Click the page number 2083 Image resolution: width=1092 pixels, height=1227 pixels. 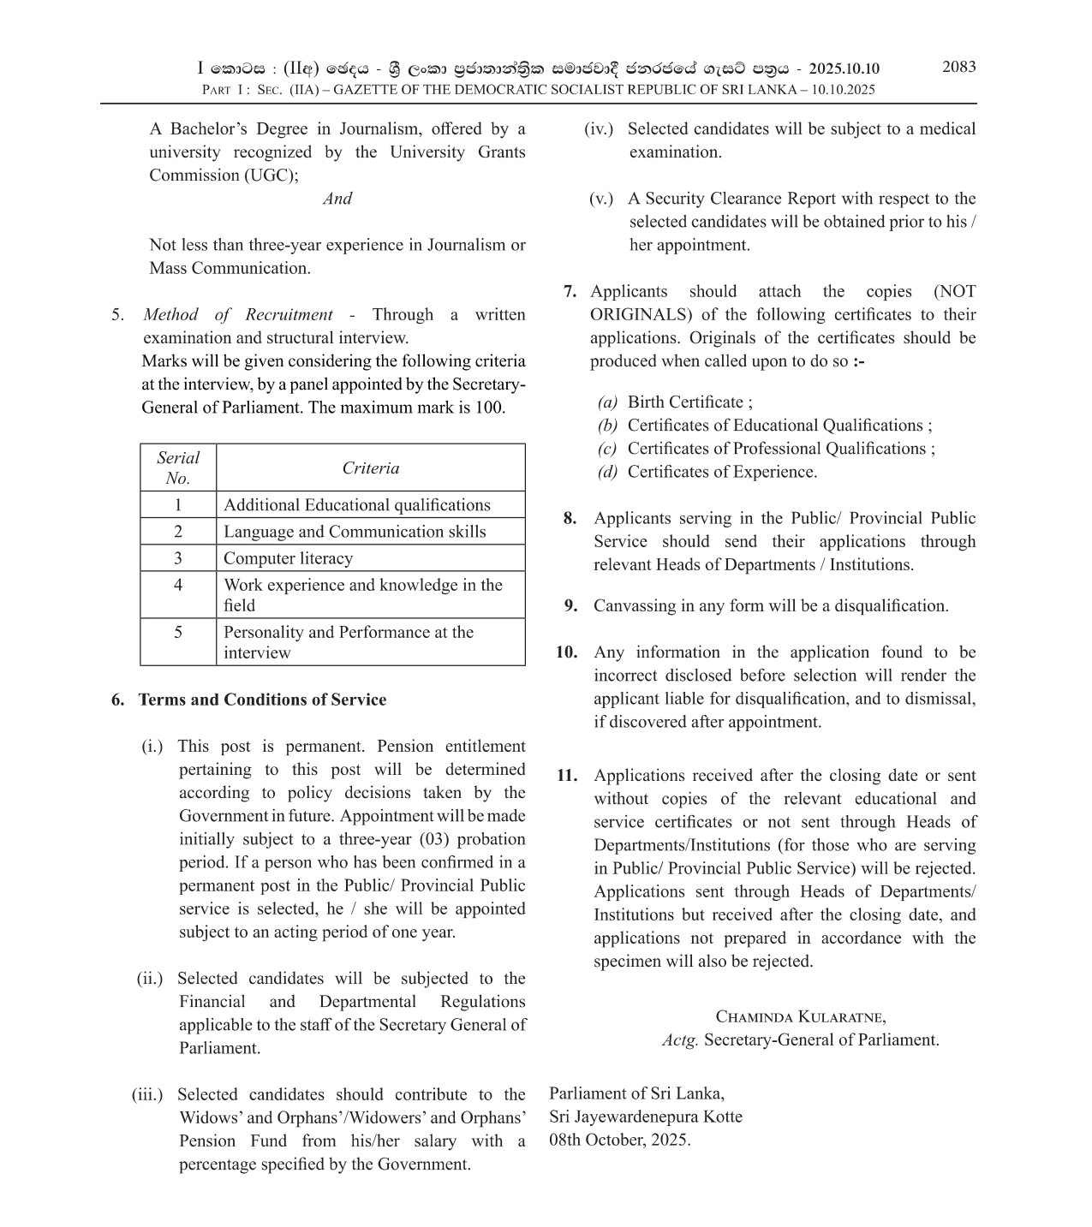pos(958,67)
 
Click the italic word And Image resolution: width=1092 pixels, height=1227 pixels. pos(337,199)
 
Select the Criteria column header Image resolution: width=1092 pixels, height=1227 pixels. pos(370,468)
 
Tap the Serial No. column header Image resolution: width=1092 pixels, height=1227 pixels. pos(178,468)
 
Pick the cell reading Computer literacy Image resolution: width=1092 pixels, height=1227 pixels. pos(288,558)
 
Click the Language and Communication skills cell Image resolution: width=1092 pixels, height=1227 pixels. pos(355,532)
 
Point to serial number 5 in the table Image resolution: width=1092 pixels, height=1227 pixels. pos(178,633)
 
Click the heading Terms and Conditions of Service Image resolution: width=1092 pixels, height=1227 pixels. pos(262,700)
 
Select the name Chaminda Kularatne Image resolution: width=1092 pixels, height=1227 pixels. pos(800,1017)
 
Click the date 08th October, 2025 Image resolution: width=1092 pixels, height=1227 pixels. pos(619,1140)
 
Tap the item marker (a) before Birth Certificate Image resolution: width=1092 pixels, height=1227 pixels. pos(607,402)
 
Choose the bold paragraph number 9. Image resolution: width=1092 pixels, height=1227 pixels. pos(571,606)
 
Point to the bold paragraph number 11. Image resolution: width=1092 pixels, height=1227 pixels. pos(567,776)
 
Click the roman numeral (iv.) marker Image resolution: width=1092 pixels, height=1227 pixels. pos(599,129)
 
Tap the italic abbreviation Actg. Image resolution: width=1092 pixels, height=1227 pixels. pos(680,1040)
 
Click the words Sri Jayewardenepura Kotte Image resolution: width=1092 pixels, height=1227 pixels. pos(646,1117)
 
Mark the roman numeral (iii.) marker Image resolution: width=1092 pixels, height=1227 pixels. pos(147,1094)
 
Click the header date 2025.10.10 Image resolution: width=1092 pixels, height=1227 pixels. pos(844,68)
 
